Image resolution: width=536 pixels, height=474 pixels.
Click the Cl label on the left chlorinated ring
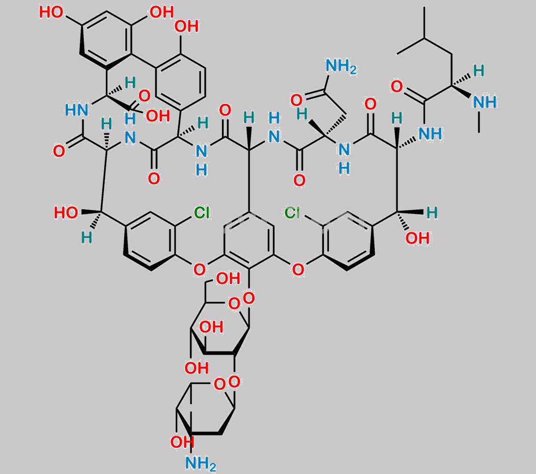201,213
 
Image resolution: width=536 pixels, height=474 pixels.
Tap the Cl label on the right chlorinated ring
293,213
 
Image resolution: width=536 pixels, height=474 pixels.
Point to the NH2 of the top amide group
341,66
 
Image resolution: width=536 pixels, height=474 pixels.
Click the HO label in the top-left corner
51,12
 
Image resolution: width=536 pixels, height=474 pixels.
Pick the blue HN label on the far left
77,110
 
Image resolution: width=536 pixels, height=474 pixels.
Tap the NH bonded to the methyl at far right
485,102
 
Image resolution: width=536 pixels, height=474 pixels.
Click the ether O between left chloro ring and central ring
199,270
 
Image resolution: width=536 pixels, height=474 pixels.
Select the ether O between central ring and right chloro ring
298,270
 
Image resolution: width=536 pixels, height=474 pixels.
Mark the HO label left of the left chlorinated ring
66,213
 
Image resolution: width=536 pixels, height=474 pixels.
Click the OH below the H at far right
418,238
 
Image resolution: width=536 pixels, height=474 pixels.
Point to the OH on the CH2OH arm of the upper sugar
228,278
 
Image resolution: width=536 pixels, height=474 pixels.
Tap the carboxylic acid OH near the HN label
158,116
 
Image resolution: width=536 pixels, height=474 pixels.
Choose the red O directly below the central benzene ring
249,298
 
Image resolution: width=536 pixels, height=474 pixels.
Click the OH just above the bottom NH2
182,442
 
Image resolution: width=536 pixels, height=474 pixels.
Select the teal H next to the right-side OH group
432,213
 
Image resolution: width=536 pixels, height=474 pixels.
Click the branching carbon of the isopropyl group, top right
425,39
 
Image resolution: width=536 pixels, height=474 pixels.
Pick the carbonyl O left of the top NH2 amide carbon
297,101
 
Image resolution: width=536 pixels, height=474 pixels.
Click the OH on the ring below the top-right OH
187,26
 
